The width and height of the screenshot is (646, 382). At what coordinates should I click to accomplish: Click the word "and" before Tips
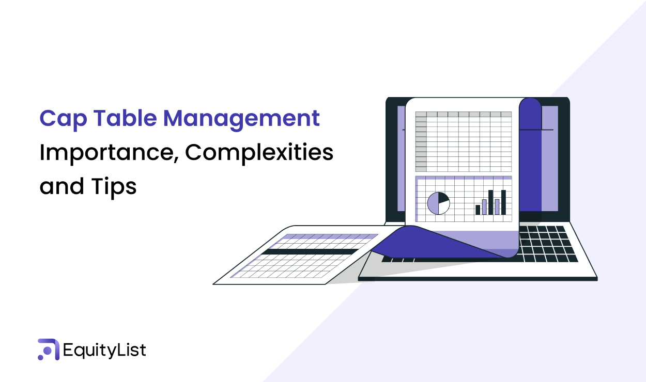pos(61,186)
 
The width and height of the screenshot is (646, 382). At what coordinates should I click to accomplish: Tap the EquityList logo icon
pos(48,349)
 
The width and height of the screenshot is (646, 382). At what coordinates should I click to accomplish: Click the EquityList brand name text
pos(104,351)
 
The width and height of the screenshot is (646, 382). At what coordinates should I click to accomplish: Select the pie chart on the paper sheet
pos(438,203)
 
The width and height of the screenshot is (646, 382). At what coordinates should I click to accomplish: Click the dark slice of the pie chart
pos(443,198)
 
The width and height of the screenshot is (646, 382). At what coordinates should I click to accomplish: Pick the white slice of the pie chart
pos(443,208)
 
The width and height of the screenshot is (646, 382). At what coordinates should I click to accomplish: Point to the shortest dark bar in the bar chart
pos(478,210)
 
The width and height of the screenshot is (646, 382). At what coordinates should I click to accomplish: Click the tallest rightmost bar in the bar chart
pos(503,202)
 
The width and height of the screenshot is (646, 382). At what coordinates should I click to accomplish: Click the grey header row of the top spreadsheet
pos(463,114)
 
